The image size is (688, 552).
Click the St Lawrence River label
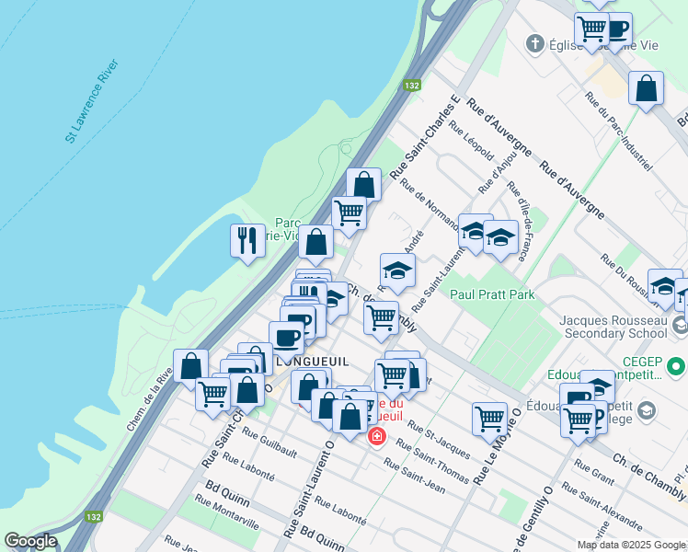point(91,102)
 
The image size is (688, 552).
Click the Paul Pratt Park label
point(492,295)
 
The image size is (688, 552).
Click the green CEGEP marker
point(677,366)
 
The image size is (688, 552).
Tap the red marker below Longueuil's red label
point(376,435)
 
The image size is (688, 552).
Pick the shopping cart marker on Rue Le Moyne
point(489,419)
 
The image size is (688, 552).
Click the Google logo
point(30,541)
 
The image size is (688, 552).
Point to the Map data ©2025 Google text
point(630,545)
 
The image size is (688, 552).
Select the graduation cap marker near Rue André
point(397,270)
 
